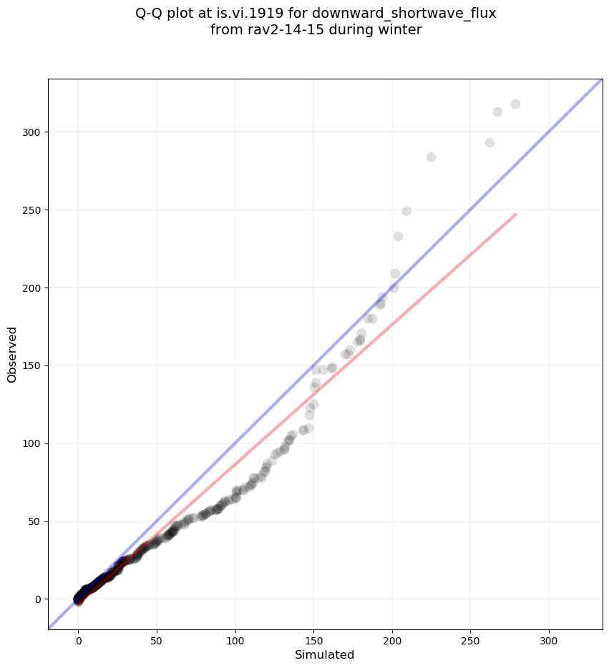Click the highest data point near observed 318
tap(515, 104)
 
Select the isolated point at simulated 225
tap(431, 157)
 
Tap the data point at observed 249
tap(406, 211)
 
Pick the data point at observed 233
tap(398, 236)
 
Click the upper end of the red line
tap(516, 214)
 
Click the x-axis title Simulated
tap(325, 654)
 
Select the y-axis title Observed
tap(12, 355)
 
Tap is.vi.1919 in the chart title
tap(251, 13)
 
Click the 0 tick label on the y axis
tap(37, 599)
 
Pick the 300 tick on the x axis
tap(549, 629)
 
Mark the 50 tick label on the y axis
tap(34, 521)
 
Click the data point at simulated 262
tap(489, 142)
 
